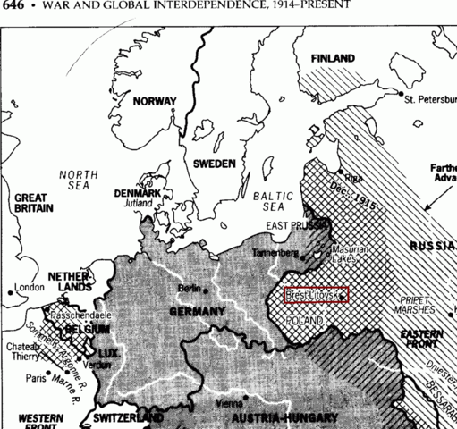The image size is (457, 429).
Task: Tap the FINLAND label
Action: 333,59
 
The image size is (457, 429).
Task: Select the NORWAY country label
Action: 155,102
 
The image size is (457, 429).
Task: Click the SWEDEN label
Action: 215,164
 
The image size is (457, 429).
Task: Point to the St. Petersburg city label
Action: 430,98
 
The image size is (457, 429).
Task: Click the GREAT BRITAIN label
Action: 33,203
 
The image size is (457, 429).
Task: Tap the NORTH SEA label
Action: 78,181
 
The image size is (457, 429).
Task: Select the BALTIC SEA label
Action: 267,201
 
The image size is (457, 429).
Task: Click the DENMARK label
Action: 137,193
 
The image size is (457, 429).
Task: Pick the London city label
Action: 30,289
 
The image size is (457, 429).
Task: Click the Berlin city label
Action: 190,289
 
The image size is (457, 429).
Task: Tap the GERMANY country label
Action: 197,312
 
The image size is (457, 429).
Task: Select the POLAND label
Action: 305,319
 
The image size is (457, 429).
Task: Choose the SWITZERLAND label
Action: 128,418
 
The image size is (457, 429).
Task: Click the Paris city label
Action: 37,378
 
